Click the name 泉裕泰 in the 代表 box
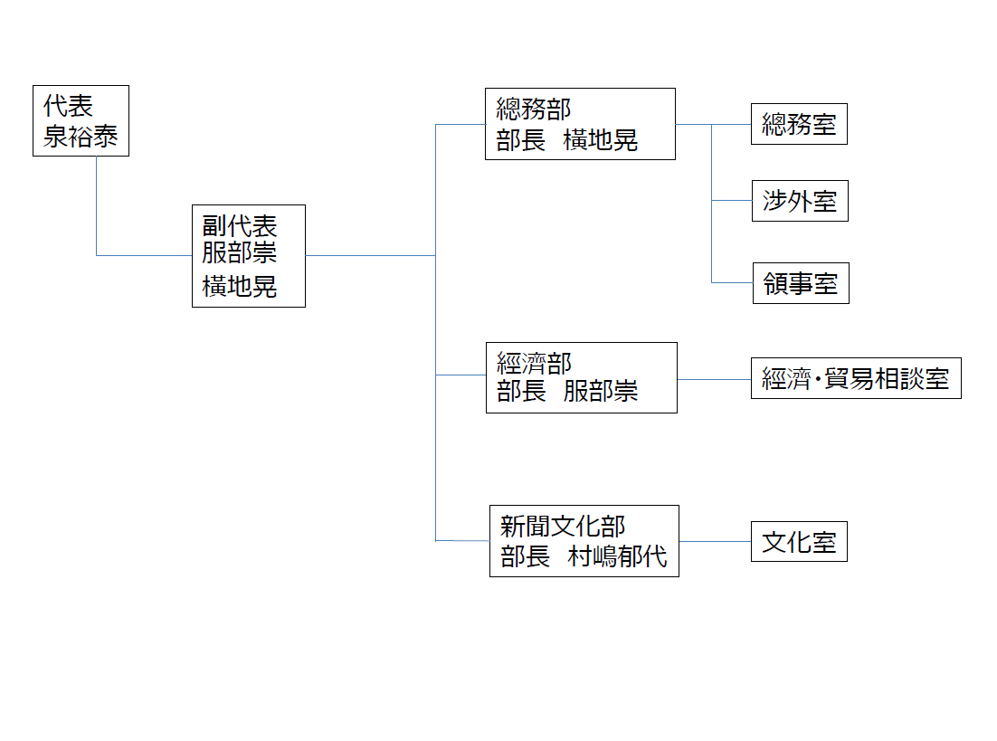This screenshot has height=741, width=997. pos(81,136)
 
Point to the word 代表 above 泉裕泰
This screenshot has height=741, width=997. pos(68,106)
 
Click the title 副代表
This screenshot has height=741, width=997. pos(240,226)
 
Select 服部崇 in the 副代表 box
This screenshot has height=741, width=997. pos(240,252)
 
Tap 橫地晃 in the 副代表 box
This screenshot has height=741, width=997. pos(240,286)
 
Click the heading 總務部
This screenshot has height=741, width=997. pos(534,109)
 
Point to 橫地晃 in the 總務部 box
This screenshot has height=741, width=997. pos(600,140)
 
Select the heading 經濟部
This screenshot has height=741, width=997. pos(534,363)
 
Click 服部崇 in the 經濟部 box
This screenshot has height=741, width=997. pos(601,391)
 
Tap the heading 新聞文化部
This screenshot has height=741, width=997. pos(563,526)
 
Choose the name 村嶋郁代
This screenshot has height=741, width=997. pos(617,556)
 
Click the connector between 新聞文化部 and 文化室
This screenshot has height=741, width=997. pos(715,541)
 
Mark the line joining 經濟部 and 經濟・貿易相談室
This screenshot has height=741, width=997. pos(714,379)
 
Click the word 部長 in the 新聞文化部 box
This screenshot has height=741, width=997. pos(526,556)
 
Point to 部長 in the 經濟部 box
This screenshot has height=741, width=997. pos(521,391)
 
